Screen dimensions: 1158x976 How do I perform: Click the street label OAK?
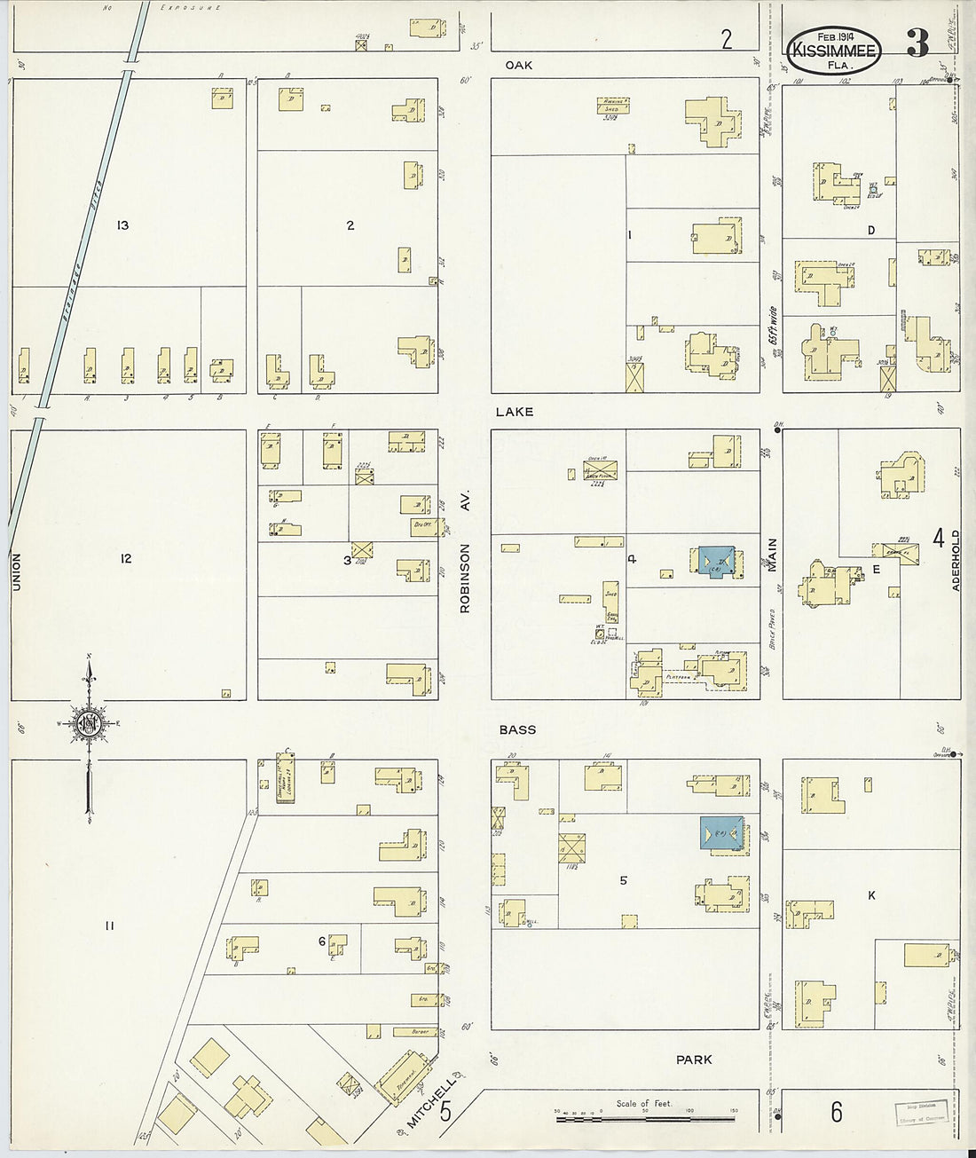pyautogui.click(x=518, y=65)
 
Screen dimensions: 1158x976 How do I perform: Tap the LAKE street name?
pyautogui.click(x=515, y=412)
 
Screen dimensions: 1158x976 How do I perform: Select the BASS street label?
pyautogui.click(x=517, y=729)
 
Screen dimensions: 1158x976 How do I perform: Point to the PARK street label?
pyautogui.click(x=694, y=1060)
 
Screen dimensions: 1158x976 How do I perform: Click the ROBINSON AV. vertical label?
pyautogui.click(x=464, y=552)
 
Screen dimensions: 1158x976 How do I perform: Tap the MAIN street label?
pyautogui.click(x=772, y=555)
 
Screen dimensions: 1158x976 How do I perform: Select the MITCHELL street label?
pyautogui.click(x=431, y=1104)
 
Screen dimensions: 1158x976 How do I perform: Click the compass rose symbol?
pyautogui.click(x=89, y=724)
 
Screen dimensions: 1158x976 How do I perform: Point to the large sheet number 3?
pyautogui.click(x=917, y=43)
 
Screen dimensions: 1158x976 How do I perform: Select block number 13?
pyautogui.click(x=122, y=225)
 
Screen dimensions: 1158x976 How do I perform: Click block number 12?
pyautogui.click(x=126, y=558)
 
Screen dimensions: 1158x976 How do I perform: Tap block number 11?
pyautogui.click(x=109, y=926)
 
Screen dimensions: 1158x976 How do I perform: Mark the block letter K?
pyautogui.click(x=871, y=896)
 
